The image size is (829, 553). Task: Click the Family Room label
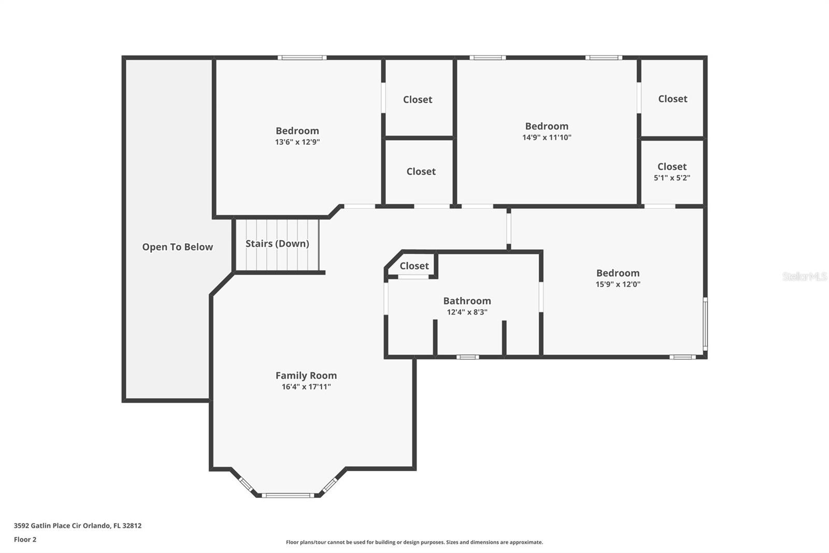[x=306, y=375]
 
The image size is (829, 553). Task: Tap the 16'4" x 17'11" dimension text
[x=306, y=386]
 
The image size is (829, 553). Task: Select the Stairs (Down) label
[x=277, y=243]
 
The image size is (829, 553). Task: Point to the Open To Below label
[x=177, y=247]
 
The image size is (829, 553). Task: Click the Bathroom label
[x=467, y=301]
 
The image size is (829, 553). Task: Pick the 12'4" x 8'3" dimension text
[x=467, y=312]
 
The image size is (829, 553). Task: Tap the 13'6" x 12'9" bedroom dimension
[x=297, y=142]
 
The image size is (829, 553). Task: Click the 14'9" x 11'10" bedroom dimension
[x=547, y=137]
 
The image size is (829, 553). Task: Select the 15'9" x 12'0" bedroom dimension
[x=618, y=284]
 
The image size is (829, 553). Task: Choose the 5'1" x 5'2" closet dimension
[x=671, y=178]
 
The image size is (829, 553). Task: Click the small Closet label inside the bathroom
[x=414, y=266]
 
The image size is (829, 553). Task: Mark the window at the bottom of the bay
[x=288, y=495]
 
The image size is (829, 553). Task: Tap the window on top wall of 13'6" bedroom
[x=302, y=58]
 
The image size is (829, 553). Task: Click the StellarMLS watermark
[x=804, y=276]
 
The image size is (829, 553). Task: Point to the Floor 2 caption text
[x=25, y=540]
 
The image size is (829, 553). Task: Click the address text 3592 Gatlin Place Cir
[x=77, y=526]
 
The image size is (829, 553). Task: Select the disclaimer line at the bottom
[x=414, y=542]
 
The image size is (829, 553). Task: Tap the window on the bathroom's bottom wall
[x=467, y=357]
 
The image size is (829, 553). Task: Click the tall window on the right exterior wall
[x=705, y=324]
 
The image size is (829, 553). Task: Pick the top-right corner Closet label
[x=673, y=99]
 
